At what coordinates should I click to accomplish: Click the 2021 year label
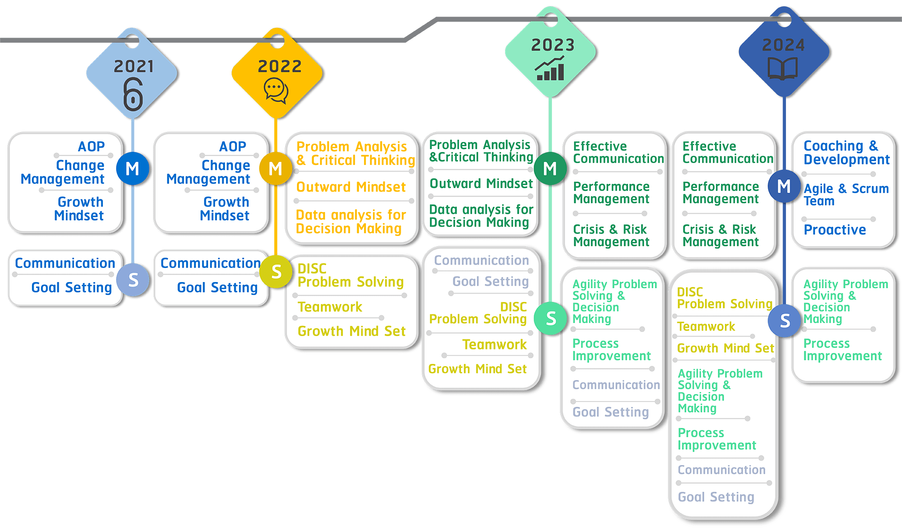pyautogui.click(x=134, y=66)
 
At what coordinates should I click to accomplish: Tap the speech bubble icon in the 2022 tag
pyautogui.click(x=276, y=90)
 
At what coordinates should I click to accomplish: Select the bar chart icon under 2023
pyautogui.click(x=550, y=69)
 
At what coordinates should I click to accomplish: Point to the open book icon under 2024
pyautogui.click(x=783, y=69)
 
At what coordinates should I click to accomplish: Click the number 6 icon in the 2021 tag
pyautogui.click(x=133, y=95)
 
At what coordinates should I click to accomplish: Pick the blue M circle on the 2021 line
pyautogui.click(x=132, y=168)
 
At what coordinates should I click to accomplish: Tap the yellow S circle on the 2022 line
pyautogui.click(x=276, y=272)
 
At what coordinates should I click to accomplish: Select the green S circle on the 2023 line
pyautogui.click(x=551, y=318)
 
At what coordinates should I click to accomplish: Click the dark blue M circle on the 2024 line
pyautogui.click(x=784, y=186)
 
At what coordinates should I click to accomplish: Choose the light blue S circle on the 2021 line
pyautogui.click(x=133, y=280)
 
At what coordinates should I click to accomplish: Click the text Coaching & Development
pyautogui.click(x=846, y=152)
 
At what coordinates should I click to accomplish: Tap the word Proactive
pyautogui.click(x=835, y=229)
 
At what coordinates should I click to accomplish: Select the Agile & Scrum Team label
pyautogui.click(x=846, y=195)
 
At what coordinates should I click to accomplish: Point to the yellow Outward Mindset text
pyautogui.click(x=351, y=187)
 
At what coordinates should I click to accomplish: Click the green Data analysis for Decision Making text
pyautogui.click(x=481, y=216)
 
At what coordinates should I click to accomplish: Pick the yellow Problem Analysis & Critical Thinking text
pyautogui.click(x=355, y=153)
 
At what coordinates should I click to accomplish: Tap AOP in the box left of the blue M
pyautogui.click(x=91, y=146)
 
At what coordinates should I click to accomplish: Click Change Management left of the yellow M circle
pyautogui.click(x=208, y=172)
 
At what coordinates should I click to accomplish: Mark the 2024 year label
pyautogui.click(x=783, y=45)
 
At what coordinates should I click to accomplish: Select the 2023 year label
pyautogui.click(x=552, y=45)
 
